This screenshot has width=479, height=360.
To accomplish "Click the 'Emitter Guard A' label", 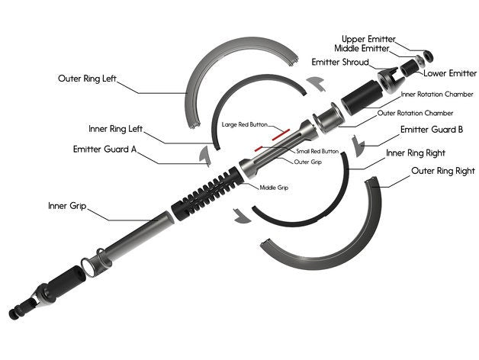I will click(x=105, y=149).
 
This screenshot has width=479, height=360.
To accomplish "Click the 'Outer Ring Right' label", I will click(x=444, y=172).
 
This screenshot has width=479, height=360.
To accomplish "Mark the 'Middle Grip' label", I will click(x=274, y=187).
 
